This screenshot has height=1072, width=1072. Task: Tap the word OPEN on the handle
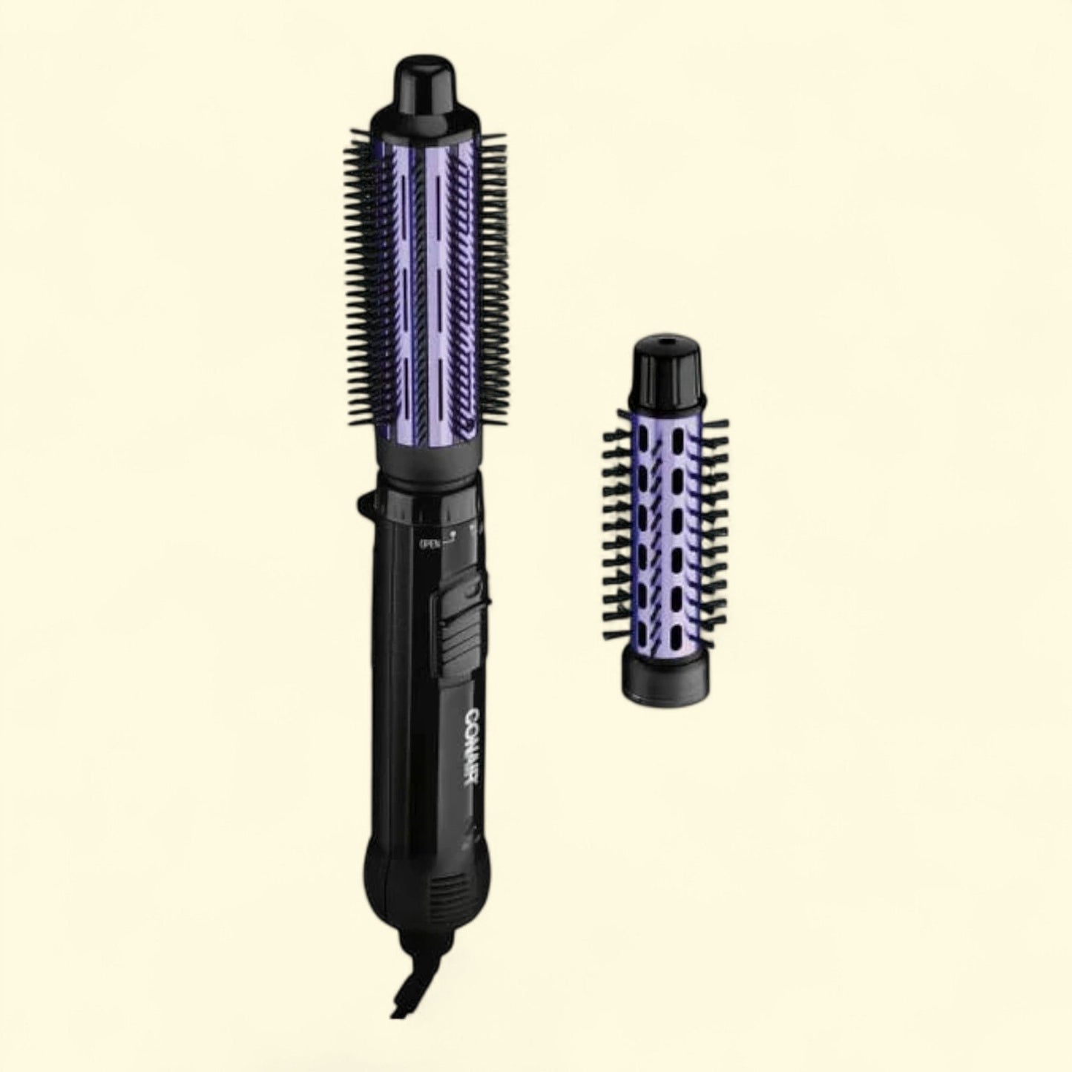(x=429, y=544)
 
